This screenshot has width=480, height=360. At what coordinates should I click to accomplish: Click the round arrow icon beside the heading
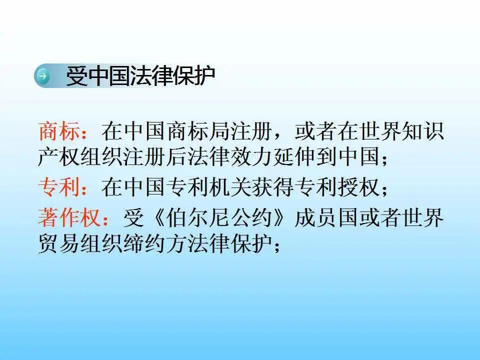pyautogui.click(x=43, y=76)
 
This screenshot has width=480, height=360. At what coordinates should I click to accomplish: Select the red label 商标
pyautogui.click(x=59, y=131)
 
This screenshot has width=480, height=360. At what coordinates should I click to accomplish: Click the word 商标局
pyautogui.click(x=195, y=131)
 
